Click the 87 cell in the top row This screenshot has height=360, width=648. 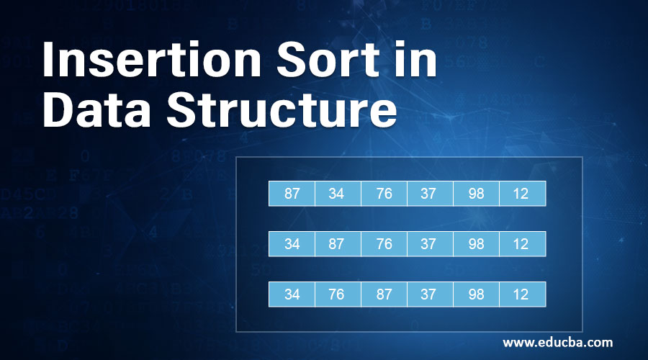tap(292, 194)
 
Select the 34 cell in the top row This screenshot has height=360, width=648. tap(338, 194)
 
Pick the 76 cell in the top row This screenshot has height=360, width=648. tap(384, 194)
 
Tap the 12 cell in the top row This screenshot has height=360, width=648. tap(522, 194)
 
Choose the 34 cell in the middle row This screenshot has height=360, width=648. tap(292, 244)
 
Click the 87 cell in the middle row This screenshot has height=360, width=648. tap(338, 244)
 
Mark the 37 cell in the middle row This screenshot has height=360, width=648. tap(430, 244)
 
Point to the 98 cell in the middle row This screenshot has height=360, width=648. tap(476, 244)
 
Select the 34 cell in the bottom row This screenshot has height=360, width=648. tap(292, 294)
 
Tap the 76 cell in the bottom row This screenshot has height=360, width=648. tap(338, 294)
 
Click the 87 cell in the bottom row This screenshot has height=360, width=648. tap(384, 294)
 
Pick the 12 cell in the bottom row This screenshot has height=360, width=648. tap(522, 294)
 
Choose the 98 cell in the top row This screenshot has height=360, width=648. tap(476, 194)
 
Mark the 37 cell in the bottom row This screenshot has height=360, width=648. tap(430, 294)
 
